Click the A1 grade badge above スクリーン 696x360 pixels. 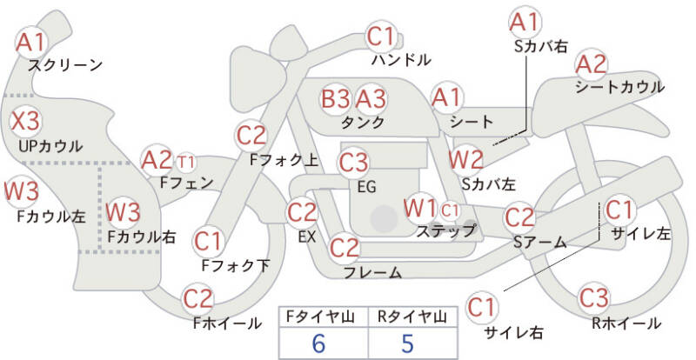tap(31, 41)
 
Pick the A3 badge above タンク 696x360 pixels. tap(371, 98)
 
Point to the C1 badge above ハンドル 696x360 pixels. tap(380, 37)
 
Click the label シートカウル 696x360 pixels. tap(619, 87)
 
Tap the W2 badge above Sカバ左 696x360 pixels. tap(465, 159)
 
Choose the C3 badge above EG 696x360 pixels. tap(354, 162)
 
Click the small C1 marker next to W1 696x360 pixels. tap(450, 209)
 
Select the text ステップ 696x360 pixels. tap(445, 230)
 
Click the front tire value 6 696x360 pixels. tap(318, 343)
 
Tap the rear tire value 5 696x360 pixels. tap(407, 343)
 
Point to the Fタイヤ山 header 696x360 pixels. tap(318, 317)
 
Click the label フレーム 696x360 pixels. tap(372, 273)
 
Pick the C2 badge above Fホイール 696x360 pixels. tap(199, 299)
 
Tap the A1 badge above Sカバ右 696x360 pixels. tap(524, 20)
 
